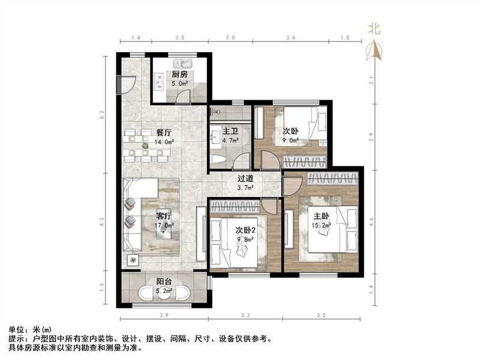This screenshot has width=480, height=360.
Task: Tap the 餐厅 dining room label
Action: coord(164,133)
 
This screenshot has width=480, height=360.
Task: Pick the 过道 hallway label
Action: coord(245,178)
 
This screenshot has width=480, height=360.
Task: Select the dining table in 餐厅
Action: coord(145,146)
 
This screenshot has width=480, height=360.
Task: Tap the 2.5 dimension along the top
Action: coord(179,38)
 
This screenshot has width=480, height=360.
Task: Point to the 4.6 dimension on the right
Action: coord(373,220)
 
